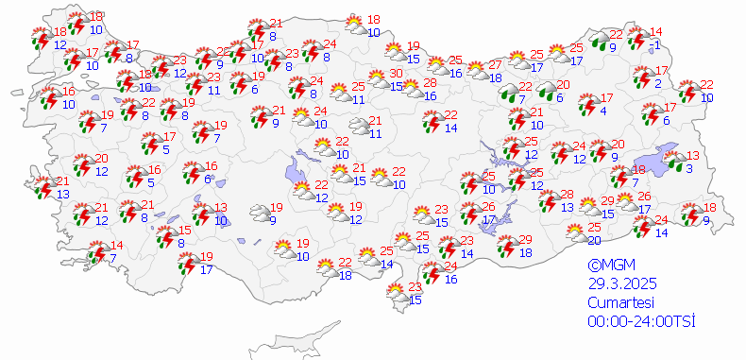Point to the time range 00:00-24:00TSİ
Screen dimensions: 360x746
(x=641, y=321)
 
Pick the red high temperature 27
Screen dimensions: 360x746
(x=496, y=65)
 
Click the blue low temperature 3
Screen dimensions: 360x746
(x=688, y=168)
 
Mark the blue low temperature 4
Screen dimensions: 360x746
(x=603, y=111)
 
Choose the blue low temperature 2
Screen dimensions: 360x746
(x=658, y=83)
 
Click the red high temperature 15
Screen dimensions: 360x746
(x=186, y=230)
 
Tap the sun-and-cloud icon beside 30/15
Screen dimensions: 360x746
(x=376, y=81)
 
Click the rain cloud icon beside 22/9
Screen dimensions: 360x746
(x=600, y=41)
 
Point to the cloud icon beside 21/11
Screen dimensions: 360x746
(x=360, y=127)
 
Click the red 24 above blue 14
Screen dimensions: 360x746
(x=661, y=220)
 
